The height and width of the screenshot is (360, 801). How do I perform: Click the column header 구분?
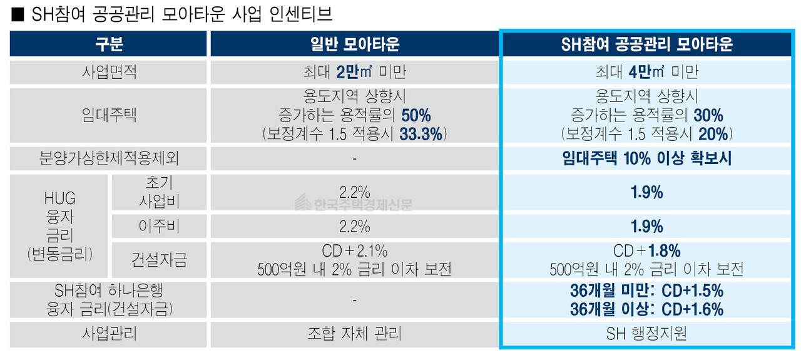pyautogui.click(x=109, y=44)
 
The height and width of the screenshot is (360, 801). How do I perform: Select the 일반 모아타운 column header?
pyautogui.click(x=354, y=44)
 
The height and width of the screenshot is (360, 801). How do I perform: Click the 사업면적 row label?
pyautogui.click(x=109, y=72)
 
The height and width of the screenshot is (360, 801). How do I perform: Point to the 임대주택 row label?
pyautogui.click(x=109, y=115)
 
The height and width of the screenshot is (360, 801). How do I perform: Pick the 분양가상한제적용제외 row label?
pyautogui.click(x=109, y=158)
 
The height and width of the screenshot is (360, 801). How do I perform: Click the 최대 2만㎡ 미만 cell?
pyautogui.click(x=354, y=72)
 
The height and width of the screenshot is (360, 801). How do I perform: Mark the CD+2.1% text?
pyautogui.click(x=354, y=252)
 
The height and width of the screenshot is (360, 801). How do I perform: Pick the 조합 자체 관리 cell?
pyautogui.click(x=354, y=334)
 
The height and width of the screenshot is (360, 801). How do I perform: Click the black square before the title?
pyautogui.click(x=16, y=13)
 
